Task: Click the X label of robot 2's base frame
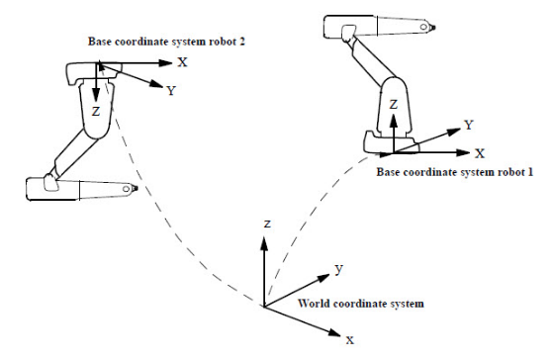pyautogui.click(x=182, y=62)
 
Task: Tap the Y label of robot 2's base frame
pyautogui.click(x=171, y=91)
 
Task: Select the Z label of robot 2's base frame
pyautogui.click(x=96, y=112)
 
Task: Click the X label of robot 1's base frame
pyautogui.click(x=480, y=153)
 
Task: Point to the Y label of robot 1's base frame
pyautogui.click(x=469, y=125)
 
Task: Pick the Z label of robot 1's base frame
pyautogui.click(x=394, y=105)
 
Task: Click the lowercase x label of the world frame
pyautogui.click(x=349, y=340)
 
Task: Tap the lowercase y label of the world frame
pyautogui.click(x=338, y=269)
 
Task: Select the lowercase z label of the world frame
pyautogui.click(x=267, y=224)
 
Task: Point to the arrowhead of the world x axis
pyautogui.click(x=334, y=332)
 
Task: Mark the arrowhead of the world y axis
pyautogui.click(x=323, y=278)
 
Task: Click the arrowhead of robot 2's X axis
pyautogui.click(x=165, y=63)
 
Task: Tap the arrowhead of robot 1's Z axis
pyautogui.click(x=394, y=121)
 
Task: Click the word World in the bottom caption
pyautogui.click(x=311, y=304)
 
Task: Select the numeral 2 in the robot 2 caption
pyautogui.click(x=241, y=42)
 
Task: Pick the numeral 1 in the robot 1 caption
pyautogui.click(x=530, y=172)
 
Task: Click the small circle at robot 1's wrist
pyautogui.click(x=423, y=27)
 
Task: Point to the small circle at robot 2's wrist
pyautogui.click(x=126, y=189)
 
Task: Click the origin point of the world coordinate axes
pyautogui.click(x=264, y=306)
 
